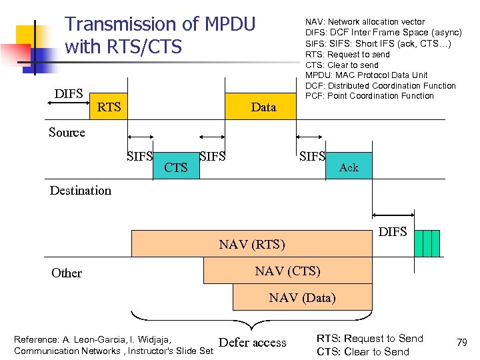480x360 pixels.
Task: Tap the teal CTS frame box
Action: click(175, 167)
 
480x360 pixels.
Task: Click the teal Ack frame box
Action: click(348, 167)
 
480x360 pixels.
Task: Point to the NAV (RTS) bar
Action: click(251, 244)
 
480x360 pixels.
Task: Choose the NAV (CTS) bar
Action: click(287, 271)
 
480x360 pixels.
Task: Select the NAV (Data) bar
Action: click(302, 297)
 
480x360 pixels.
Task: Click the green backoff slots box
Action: click(427, 243)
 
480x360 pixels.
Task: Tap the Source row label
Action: click(67, 133)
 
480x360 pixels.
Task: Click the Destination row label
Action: click(81, 191)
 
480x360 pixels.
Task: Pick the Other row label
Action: click(67, 273)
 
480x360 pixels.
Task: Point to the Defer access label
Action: click(252, 343)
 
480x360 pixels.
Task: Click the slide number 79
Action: click(461, 343)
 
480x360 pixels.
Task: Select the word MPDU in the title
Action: click(230, 25)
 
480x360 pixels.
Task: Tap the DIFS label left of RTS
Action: click(69, 93)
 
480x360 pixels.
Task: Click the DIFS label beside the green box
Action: click(393, 232)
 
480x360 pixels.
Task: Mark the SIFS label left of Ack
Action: click(312, 157)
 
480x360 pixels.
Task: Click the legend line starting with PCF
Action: click(369, 96)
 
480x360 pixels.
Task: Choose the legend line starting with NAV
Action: click(365, 22)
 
